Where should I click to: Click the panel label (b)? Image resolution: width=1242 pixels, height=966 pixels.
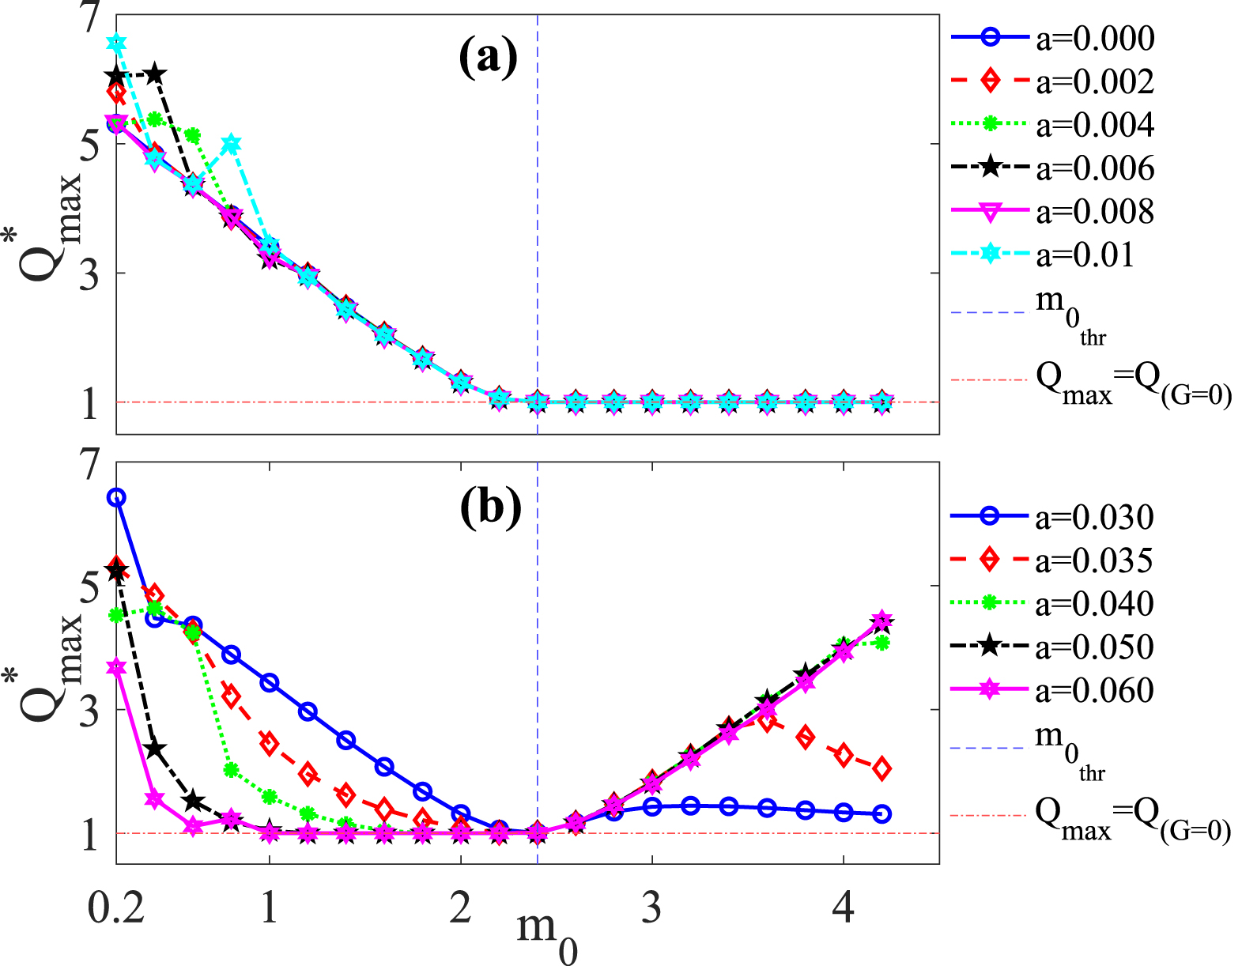click(490, 507)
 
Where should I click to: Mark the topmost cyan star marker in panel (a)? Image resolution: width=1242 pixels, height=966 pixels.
click(117, 43)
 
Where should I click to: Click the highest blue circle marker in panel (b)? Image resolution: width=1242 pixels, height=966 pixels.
click(117, 497)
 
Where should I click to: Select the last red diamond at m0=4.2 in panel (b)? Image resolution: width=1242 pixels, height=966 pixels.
click(882, 768)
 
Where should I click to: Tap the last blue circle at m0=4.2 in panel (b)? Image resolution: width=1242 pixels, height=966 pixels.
click(882, 814)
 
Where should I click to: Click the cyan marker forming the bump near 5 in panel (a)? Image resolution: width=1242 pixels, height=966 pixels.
click(232, 144)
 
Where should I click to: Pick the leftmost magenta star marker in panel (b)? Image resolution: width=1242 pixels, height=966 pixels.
click(117, 668)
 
